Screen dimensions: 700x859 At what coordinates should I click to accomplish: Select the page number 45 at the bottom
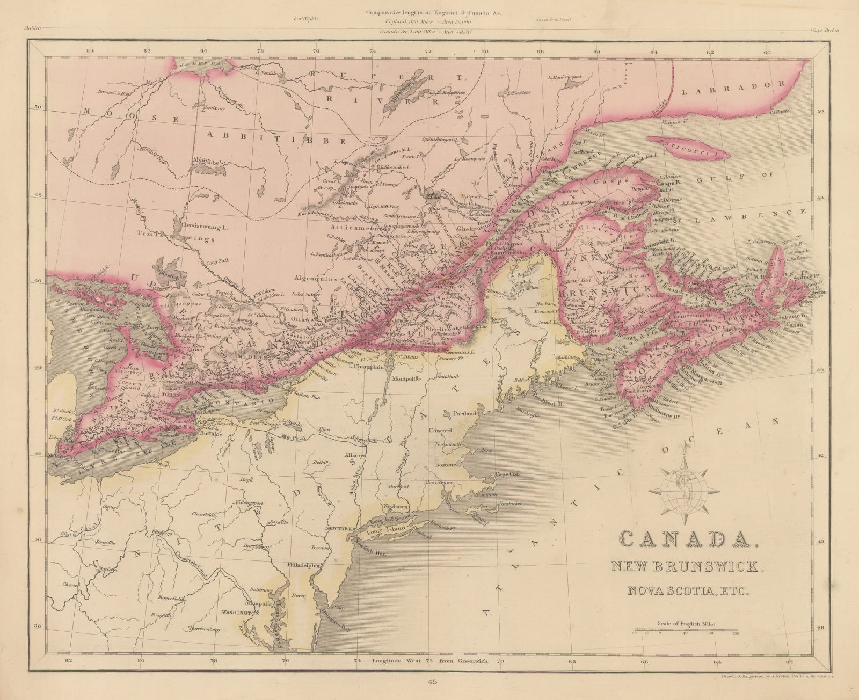click(429, 683)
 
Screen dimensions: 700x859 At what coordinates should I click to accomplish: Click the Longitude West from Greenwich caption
click(429, 660)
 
